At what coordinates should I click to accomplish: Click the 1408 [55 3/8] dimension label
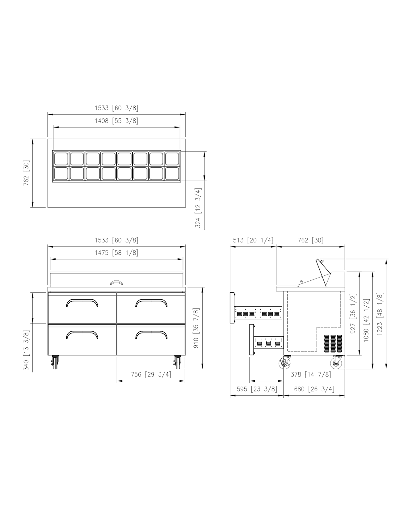[116, 121]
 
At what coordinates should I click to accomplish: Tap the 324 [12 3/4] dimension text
[198, 208]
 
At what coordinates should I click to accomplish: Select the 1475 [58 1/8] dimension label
[116, 253]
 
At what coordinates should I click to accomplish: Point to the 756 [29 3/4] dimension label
[151, 375]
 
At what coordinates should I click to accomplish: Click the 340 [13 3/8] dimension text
[26, 350]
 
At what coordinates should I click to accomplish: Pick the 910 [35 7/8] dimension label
[196, 328]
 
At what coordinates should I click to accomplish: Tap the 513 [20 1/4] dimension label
[253, 240]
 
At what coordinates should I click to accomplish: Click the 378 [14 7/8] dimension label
[311, 375]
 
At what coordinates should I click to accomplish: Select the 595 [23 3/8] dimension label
[257, 389]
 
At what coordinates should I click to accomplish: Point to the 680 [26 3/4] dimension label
[314, 389]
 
